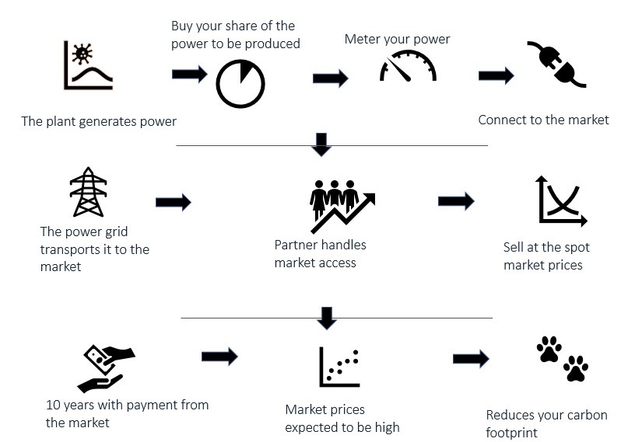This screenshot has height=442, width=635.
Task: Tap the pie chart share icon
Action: [x=240, y=83]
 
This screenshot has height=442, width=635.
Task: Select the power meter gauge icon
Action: [x=408, y=68]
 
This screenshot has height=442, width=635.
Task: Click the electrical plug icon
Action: [x=556, y=64]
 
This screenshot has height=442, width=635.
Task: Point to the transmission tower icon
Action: [x=88, y=192]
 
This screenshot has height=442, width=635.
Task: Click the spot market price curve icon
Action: [x=560, y=201]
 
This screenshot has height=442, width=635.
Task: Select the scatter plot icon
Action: [x=339, y=367]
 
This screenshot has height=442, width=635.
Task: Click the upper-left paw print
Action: [x=549, y=350]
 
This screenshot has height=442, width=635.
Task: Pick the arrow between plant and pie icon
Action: [x=189, y=75]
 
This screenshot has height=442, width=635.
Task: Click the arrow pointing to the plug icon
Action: [x=496, y=76]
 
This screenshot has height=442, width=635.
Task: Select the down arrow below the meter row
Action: [x=321, y=143]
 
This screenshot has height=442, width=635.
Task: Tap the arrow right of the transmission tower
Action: [x=174, y=203]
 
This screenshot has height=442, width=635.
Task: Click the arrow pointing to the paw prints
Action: [x=471, y=358]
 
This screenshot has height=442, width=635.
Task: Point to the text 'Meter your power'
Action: [x=397, y=39]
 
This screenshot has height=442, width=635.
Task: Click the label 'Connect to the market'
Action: [x=543, y=120]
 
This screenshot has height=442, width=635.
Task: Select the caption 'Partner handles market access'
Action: [x=320, y=254]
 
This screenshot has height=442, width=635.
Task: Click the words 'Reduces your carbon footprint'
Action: [x=546, y=423]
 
